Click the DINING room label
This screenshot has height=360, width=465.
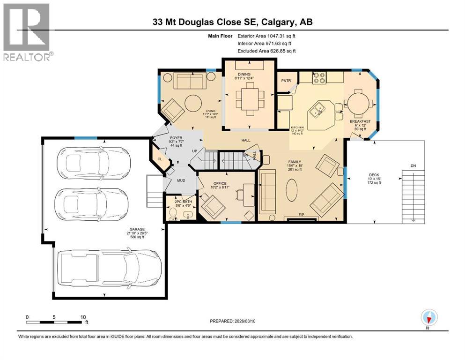pos(244,74)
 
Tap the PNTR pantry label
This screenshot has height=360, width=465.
pos(286,81)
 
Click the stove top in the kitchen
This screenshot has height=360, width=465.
pos(319,77)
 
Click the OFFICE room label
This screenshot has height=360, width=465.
pos(220,183)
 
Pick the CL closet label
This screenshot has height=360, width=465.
pos(160,159)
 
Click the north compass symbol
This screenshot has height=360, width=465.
pos(428,317)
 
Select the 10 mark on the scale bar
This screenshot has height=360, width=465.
pos(83,317)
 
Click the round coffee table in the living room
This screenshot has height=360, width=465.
pos(192,102)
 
